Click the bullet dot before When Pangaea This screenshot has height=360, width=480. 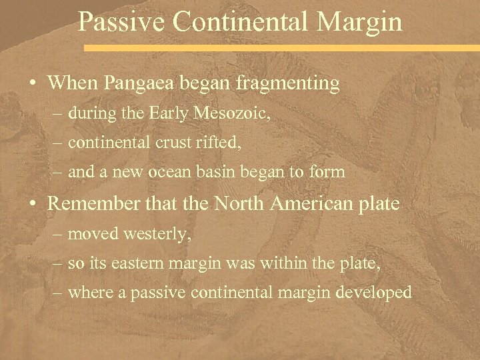click(x=33, y=85)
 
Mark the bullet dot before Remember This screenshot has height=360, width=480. click(x=33, y=205)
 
